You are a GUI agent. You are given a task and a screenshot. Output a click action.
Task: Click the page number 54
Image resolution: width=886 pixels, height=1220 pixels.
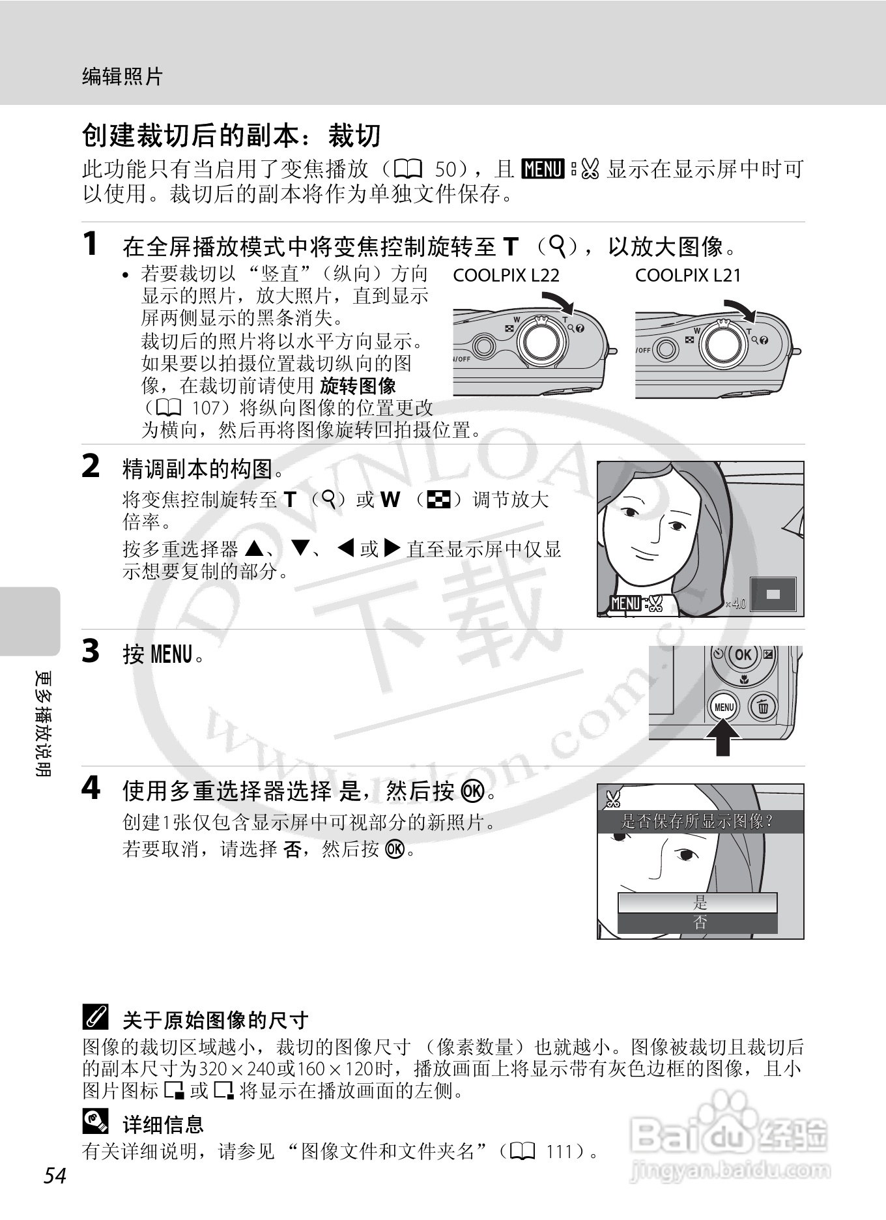(x=55, y=1176)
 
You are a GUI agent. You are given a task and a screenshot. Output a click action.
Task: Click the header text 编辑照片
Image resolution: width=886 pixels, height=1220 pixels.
(x=122, y=77)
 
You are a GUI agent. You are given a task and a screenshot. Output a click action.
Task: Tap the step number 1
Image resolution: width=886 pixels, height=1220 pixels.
(x=91, y=244)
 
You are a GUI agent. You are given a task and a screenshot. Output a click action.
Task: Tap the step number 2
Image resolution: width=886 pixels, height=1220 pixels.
(x=91, y=466)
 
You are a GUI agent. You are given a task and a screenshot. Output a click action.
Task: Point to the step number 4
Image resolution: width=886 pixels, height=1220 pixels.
(x=91, y=789)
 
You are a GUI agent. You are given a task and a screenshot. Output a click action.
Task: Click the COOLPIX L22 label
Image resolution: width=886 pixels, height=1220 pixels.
(x=506, y=276)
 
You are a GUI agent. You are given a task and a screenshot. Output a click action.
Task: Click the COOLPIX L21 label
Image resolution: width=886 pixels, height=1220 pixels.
(x=688, y=276)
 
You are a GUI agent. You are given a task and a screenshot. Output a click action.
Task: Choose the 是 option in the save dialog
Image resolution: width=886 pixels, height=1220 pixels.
(x=698, y=903)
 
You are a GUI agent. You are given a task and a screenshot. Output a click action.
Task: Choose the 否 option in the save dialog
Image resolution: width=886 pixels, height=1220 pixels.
(x=698, y=923)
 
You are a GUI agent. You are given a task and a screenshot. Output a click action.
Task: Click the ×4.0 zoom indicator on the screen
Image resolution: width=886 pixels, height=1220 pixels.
(x=736, y=603)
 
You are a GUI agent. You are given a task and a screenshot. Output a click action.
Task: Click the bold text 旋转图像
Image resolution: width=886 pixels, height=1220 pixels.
(x=358, y=386)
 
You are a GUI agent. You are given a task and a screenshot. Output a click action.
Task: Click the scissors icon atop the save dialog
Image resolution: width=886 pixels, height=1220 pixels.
(x=613, y=798)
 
